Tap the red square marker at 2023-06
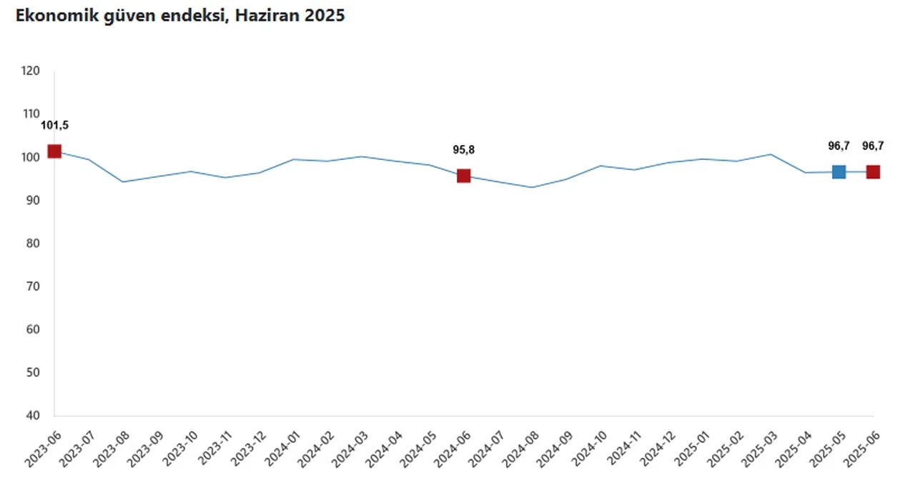click(x=54, y=151)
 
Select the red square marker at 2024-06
click(x=464, y=176)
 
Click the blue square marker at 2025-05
click(x=839, y=171)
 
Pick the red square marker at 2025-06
click(x=873, y=171)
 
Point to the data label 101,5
click(x=54, y=126)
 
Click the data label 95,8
click(x=464, y=150)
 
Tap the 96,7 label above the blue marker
click(x=839, y=146)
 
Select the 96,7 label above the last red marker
click(x=873, y=146)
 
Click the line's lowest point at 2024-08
click(x=532, y=187)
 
